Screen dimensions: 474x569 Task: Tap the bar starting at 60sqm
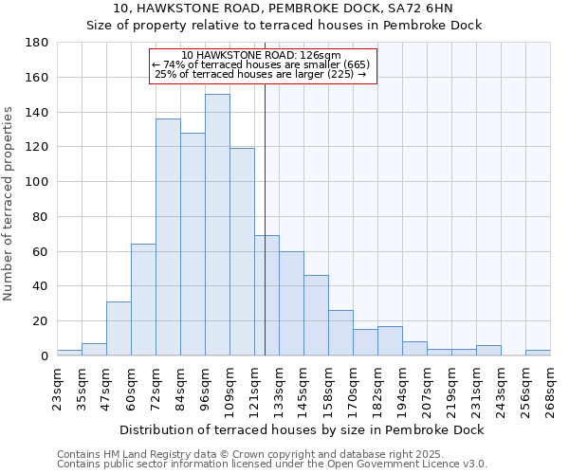click(x=143, y=300)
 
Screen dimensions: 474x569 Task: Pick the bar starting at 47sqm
click(x=119, y=328)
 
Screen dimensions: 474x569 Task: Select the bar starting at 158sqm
click(x=340, y=333)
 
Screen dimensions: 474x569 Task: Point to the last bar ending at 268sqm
click(x=538, y=353)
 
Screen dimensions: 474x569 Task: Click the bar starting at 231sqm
click(x=488, y=351)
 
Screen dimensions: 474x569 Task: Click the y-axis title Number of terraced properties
click(x=9, y=203)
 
